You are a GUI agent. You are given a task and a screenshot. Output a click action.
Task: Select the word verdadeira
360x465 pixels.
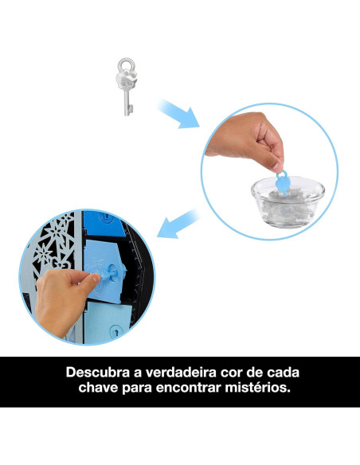tap(186, 372)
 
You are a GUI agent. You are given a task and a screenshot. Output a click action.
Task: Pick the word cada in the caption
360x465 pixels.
tap(295, 372)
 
